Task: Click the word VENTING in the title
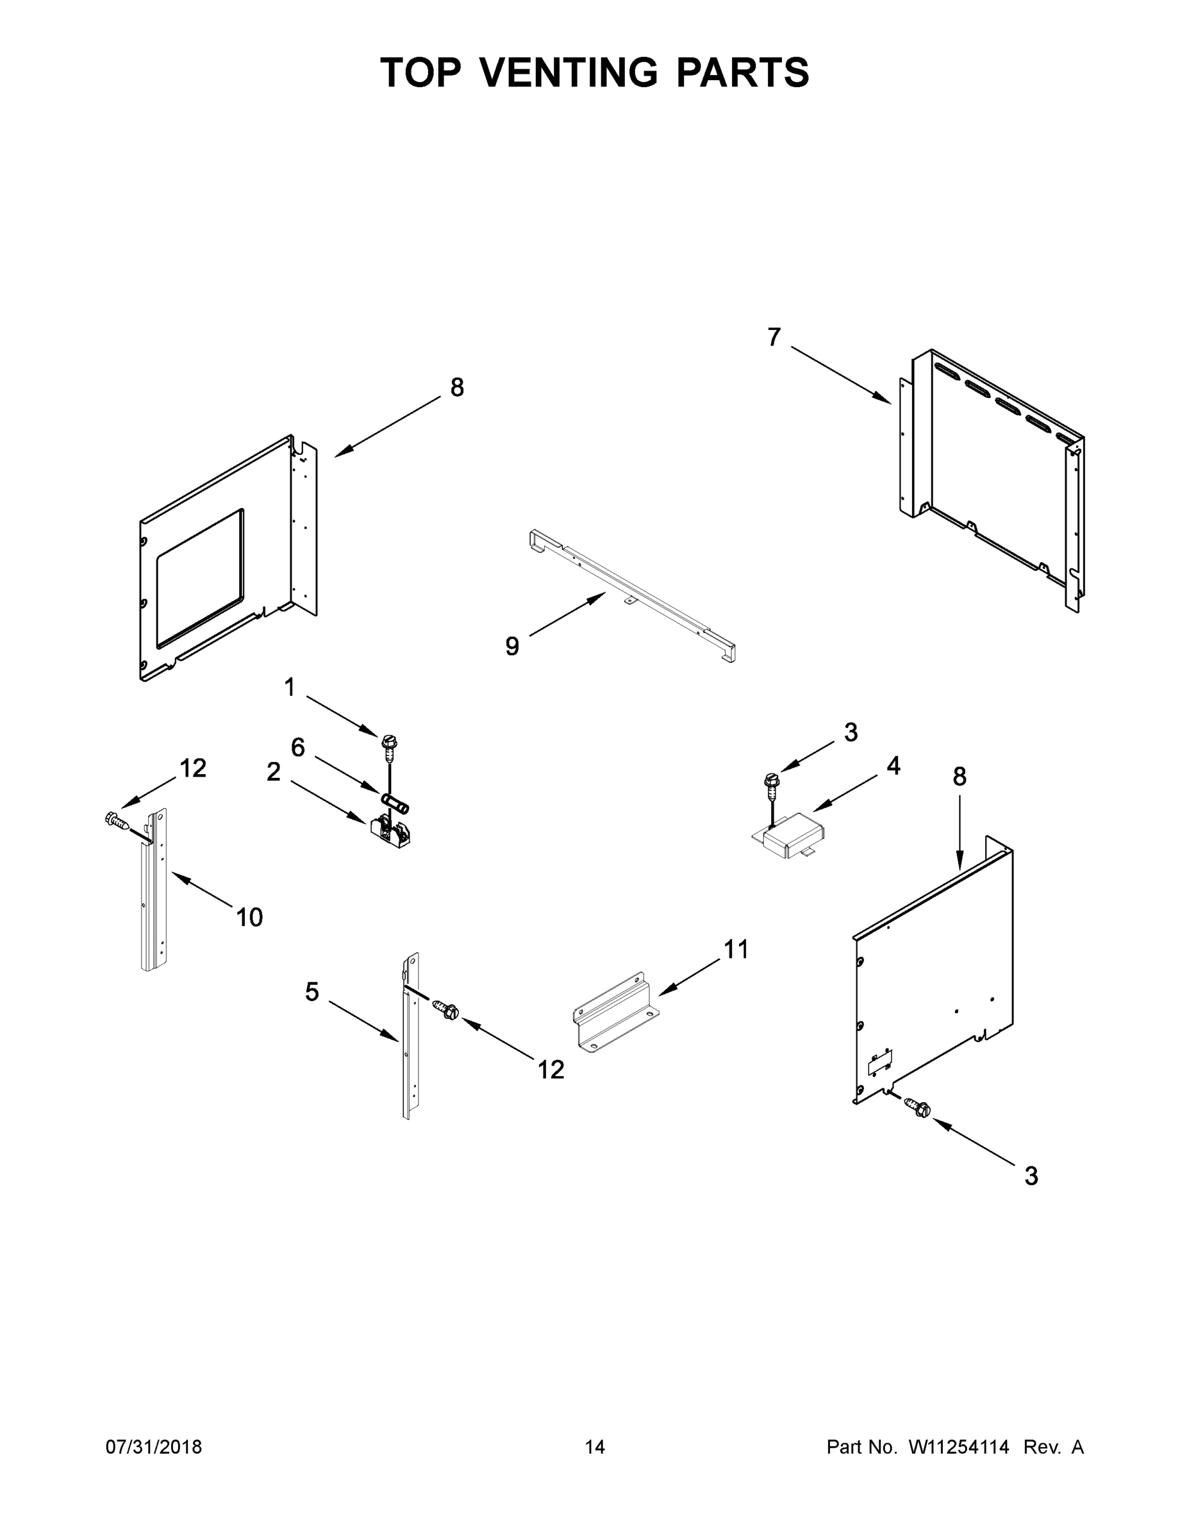click(x=569, y=72)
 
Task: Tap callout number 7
click(x=774, y=338)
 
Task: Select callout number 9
click(x=512, y=646)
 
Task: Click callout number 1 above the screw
click(x=290, y=686)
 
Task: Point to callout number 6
click(x=298, y=747)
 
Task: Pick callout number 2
click(x=273, y=772)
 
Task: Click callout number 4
click(x=893, y=766)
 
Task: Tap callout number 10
click(x=249, y=917)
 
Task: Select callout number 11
click(x=736, y=949)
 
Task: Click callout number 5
click(x=312, y=991)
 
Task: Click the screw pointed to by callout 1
click(x=389, y=746)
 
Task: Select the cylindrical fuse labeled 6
click(x=395, y=803)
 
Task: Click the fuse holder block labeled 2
click(x=390, y=831)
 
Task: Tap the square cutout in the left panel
click(x=200, y=577)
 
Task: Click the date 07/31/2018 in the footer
click(x=154, y=1446)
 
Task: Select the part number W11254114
click(x=959, y=1446)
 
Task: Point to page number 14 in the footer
click(x=595, y=1446)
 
